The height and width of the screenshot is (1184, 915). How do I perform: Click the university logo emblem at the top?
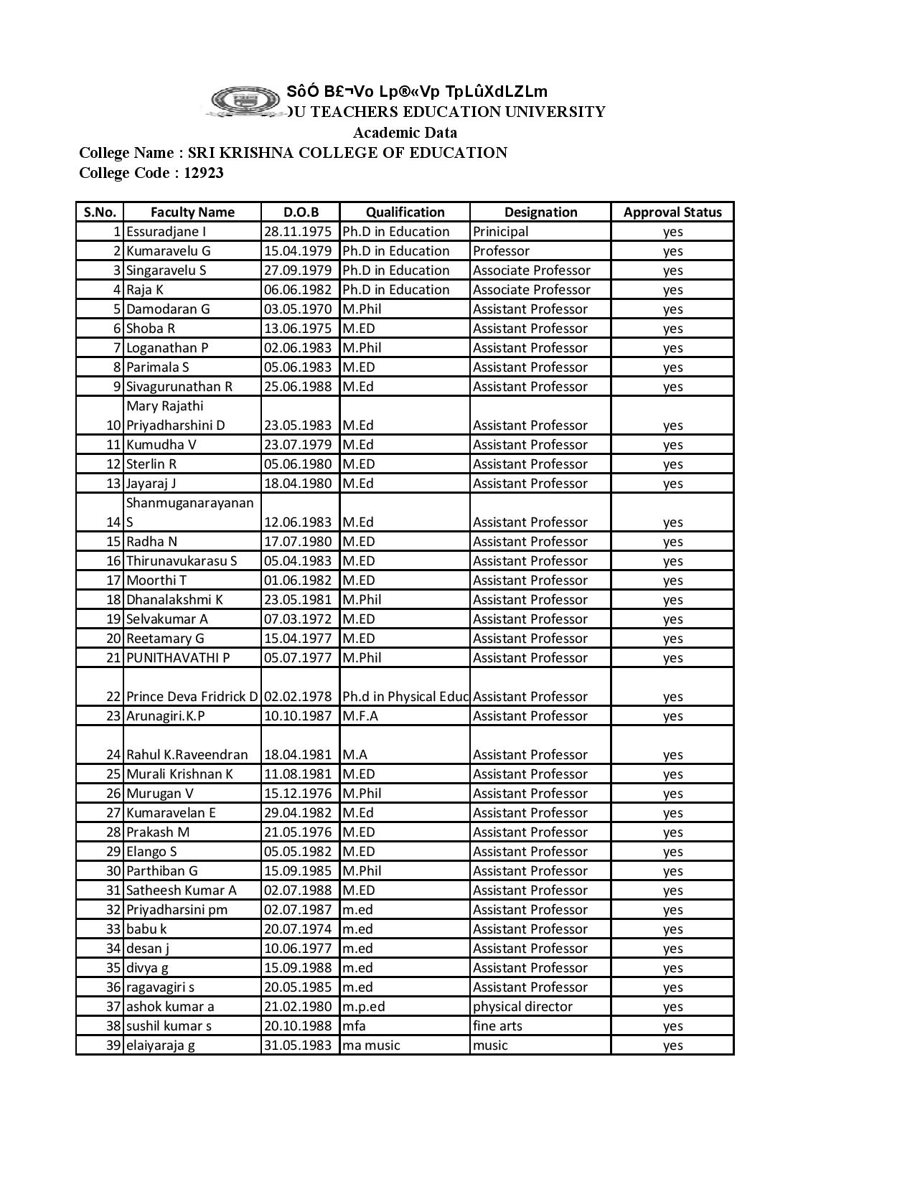point(245,101)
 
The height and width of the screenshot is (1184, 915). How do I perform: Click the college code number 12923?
point(203,173)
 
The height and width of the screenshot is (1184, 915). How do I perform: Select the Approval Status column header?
point(672,212)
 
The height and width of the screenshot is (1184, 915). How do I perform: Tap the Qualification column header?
point(405,212)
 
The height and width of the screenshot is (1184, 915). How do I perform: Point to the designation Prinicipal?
point(500,232)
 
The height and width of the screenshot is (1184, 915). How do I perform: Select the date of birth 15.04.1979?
point(298,251)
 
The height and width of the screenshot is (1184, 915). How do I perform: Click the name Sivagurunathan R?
point(179,387)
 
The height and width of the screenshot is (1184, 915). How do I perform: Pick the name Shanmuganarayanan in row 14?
point(190,503)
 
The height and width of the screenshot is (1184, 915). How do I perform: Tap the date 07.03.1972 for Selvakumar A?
point(298,619)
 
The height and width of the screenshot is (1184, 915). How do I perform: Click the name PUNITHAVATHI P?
point(178,658)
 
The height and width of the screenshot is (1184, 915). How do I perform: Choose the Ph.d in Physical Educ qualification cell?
point(405,697)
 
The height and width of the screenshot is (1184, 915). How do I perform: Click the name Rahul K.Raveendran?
point(187,755)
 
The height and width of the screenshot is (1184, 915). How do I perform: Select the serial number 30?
point(113,871)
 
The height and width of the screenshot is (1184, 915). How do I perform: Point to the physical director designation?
point(522,1007)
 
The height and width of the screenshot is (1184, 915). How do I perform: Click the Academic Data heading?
point(405,133)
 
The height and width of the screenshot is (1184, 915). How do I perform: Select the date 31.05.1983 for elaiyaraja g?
point(298,1046)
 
